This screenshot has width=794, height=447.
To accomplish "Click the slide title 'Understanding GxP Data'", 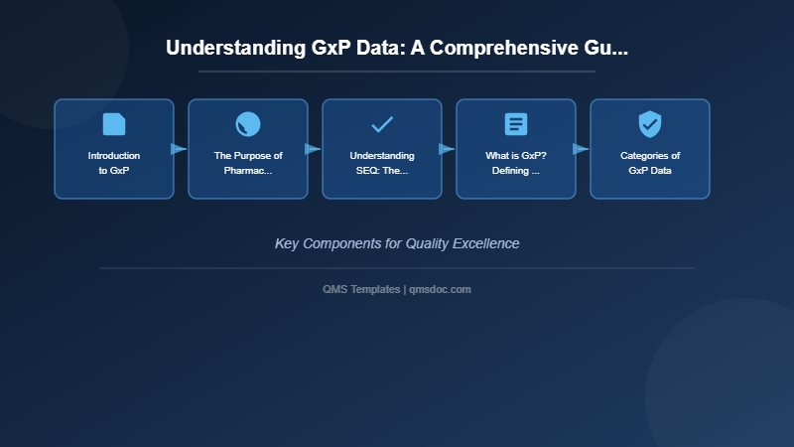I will coord(396,48).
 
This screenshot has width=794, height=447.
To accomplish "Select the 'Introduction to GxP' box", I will coord(114,149).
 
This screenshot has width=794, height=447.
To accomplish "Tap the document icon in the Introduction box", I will coord(114,124).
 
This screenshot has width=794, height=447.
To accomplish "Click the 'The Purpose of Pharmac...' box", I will coord(248,149).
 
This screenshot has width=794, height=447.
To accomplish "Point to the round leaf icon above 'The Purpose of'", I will coord(248,124).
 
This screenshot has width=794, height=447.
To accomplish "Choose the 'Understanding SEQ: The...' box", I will coord(382,149).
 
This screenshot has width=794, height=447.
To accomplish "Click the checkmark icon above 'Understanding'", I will coord(382,124).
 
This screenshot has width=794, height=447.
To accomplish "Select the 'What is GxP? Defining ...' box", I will coord(516,149).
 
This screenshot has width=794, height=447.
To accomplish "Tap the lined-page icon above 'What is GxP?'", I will coord(516,124).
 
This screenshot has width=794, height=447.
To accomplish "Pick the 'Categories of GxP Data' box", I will coord(650,149).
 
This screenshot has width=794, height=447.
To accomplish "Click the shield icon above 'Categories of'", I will coord(650,124).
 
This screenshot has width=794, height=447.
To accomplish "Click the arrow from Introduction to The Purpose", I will coord(179,149).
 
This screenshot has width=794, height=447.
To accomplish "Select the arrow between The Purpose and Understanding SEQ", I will coord(313,149).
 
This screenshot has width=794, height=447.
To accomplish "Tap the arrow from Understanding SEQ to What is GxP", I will coord(447,149).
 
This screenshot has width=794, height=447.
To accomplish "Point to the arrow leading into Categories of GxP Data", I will coord(581,149).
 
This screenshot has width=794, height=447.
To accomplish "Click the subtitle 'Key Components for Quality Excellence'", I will coord(396,243).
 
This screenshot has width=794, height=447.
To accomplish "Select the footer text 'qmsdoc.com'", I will coord(440,289).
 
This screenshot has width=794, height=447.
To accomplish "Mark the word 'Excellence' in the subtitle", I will coord(486,243).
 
